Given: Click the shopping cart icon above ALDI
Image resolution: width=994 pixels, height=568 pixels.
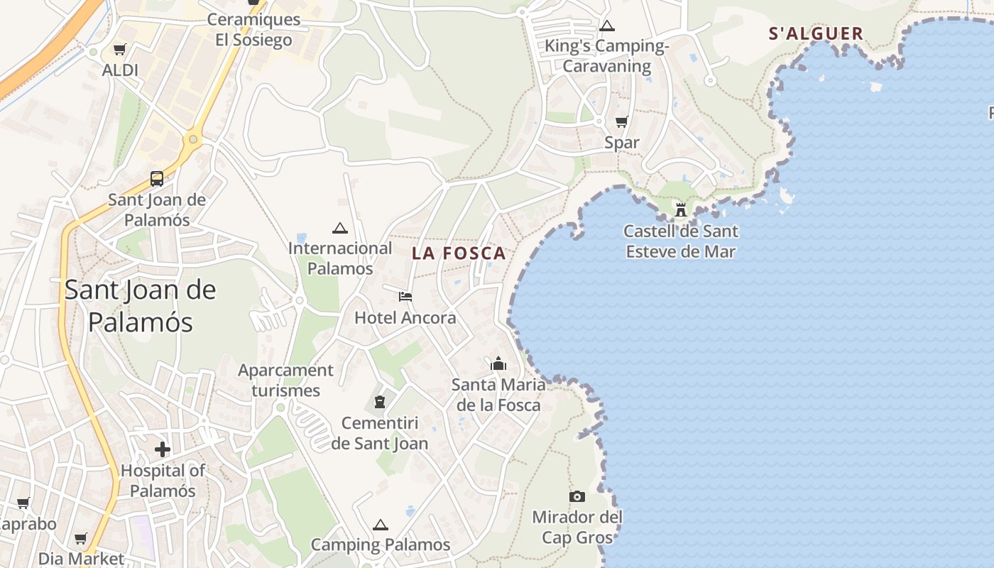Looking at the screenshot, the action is click(x=119, y=50).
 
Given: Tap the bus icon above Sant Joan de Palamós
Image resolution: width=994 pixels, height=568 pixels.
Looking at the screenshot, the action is click(x=157, y=179).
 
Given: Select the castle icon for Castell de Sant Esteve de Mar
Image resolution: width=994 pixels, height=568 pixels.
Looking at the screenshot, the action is click(x=681, y=209).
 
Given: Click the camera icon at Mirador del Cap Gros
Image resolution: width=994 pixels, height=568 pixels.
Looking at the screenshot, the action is click(x=577, y=496).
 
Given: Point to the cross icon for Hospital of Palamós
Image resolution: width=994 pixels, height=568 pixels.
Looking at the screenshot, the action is click(x=163, y=449).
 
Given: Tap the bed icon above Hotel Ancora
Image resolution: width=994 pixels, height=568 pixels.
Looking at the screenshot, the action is click(x=405, y=296).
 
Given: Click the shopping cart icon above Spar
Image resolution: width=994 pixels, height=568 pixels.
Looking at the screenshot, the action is click(x=622, y=122).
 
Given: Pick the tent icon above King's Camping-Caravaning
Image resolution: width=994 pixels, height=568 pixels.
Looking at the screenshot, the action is click(x=606, y=26).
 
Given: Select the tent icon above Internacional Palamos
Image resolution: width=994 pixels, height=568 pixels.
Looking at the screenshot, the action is click(x=340, y=228).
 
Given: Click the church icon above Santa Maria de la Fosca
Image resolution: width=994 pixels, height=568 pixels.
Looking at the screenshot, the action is click(x=498, y=364).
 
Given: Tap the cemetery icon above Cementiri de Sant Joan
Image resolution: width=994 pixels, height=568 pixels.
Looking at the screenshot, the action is click(x=380, y=403).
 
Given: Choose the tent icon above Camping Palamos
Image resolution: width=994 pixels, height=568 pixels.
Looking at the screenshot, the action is click(x=381, y=525).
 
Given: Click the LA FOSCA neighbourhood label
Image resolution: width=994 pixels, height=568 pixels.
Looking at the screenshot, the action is click(x=459, y=253).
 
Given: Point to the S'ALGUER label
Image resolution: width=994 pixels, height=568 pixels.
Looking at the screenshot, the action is click(x=816, y=33).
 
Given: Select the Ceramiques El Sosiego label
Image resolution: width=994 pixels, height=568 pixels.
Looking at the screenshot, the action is click(x=253, y=30).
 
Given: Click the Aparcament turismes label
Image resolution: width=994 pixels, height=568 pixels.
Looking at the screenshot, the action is click(x=285, y=380).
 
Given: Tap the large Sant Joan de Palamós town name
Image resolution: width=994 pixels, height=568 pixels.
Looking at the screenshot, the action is click(x=141, y=306).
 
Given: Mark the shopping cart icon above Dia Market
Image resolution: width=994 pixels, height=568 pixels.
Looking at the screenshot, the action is click(x=81, y=539).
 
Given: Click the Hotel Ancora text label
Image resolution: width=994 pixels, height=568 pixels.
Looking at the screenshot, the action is click(x=405, y=317).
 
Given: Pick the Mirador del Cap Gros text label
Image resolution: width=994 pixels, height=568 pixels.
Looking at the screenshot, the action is click(x=577, y=528).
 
